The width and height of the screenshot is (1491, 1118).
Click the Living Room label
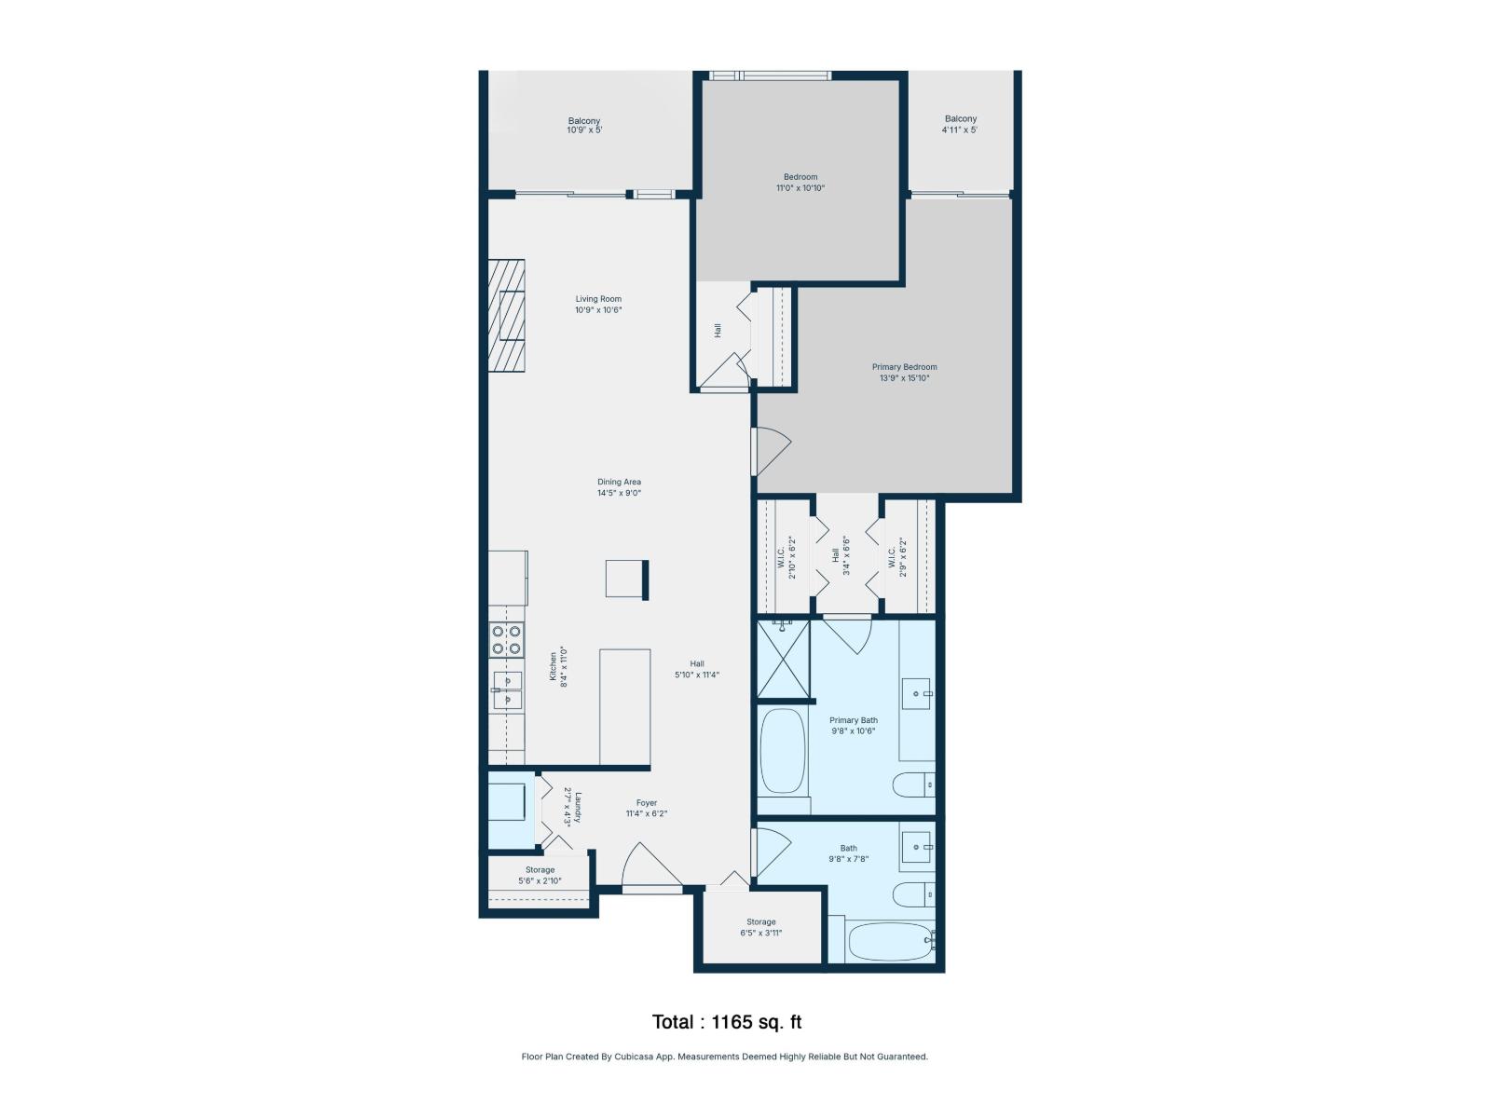click(598, 299)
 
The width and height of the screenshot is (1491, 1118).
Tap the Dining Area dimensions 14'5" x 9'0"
click(619, 494)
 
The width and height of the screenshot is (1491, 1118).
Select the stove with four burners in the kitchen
click(507, 640)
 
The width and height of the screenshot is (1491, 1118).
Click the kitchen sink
click(507, 690)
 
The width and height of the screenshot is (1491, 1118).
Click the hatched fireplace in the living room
click(506, 315)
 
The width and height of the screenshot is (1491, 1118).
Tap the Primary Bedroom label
click(904, 367)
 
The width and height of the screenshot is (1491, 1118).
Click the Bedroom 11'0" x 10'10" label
click(800, 183)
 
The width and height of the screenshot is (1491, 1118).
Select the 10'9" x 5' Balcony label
click(584, 126)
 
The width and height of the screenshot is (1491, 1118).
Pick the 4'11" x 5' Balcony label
click(961, 124)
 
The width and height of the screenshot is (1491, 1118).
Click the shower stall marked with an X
click(783, 660)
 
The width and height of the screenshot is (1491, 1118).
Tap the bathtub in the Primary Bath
click(783, 751)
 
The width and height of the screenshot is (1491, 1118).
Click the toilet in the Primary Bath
click(913, 785)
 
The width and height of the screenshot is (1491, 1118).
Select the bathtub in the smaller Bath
click(890, 941)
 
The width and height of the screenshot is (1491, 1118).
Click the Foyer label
click(647, 803)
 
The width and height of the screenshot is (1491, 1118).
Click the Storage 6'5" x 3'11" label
click(760, 927)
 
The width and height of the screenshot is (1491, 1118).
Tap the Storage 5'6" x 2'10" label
click(540, 875)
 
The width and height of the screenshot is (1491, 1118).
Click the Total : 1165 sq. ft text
click(727, 1022)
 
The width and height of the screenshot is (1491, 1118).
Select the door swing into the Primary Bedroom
click(772, 451)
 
